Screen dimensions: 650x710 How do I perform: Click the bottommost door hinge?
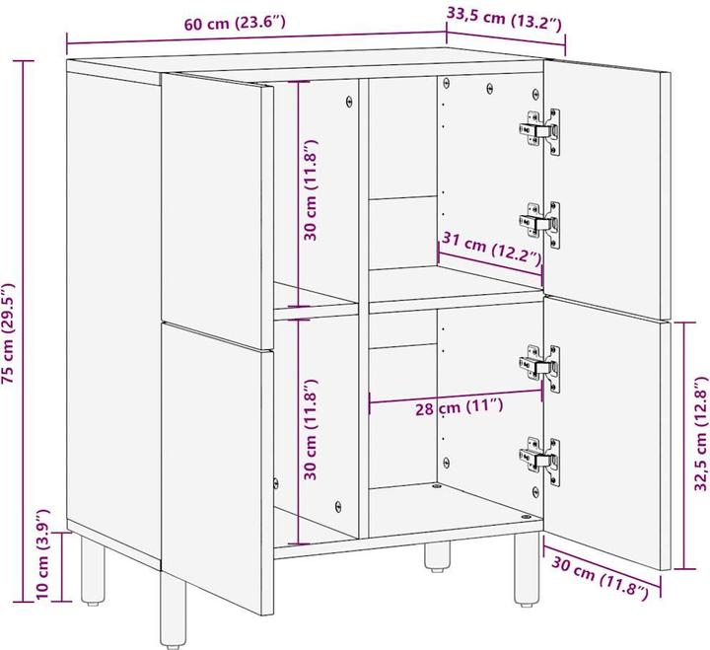pos(541,457)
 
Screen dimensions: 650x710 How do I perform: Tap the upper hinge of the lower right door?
pos(541,367)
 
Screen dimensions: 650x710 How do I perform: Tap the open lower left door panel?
pos(216,464)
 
